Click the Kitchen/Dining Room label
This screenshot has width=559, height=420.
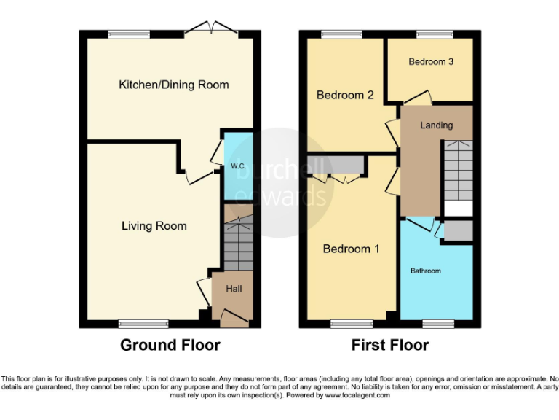[174, 85]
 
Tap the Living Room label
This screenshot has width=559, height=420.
[154, 226]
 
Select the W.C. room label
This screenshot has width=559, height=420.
[238, 166]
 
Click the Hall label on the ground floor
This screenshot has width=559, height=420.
[234, 289]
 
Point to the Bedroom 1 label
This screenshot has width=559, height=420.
[352, 249]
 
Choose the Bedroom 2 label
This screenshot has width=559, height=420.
[345, 96]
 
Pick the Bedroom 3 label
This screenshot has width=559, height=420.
[431, 62]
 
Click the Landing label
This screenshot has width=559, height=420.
[437, 125]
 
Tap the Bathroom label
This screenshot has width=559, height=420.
[426, 271]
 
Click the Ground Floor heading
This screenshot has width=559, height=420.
[170, 345]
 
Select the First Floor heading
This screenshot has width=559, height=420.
[390, 345]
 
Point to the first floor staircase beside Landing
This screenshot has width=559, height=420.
[458, 172]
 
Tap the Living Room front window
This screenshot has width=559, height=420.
[138, 323]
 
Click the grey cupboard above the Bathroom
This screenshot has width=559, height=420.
[458, 230]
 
